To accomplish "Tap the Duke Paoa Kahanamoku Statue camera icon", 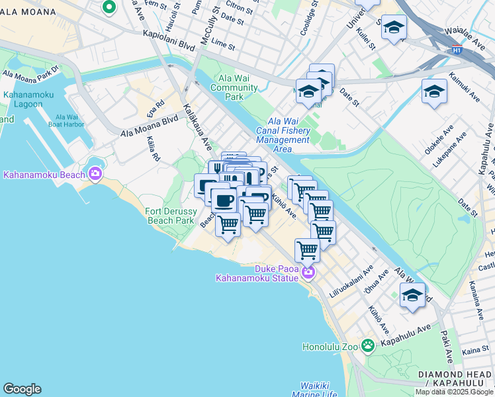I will coord(307,272).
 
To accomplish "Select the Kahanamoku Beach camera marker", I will coord(95,174).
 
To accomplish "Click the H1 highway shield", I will coord(457,49).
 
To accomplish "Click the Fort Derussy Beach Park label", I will coord(169,216).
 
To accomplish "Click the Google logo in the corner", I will coord(22,389).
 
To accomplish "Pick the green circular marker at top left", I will coord(109,7).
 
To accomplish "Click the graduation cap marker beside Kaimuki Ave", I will coord(434,91).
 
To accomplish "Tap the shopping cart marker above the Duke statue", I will coord(307,250).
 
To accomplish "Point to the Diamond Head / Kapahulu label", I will coord(455,379).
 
